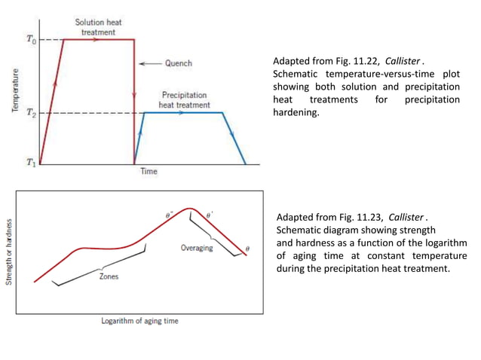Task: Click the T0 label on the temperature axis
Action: click(30, 39)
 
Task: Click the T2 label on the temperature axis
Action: click(30, 112)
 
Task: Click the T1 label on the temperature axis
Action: click(30, 162)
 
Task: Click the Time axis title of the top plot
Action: click(149, 172)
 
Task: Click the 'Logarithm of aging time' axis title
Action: click(140, 321)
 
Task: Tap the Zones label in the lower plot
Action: click(109, 276)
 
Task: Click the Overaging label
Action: click(196, 248)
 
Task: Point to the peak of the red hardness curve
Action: click(191, 208)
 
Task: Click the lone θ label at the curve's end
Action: click(248, 248)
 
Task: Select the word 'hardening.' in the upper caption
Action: click(296, 113)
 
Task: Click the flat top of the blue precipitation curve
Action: click(184, 112)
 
